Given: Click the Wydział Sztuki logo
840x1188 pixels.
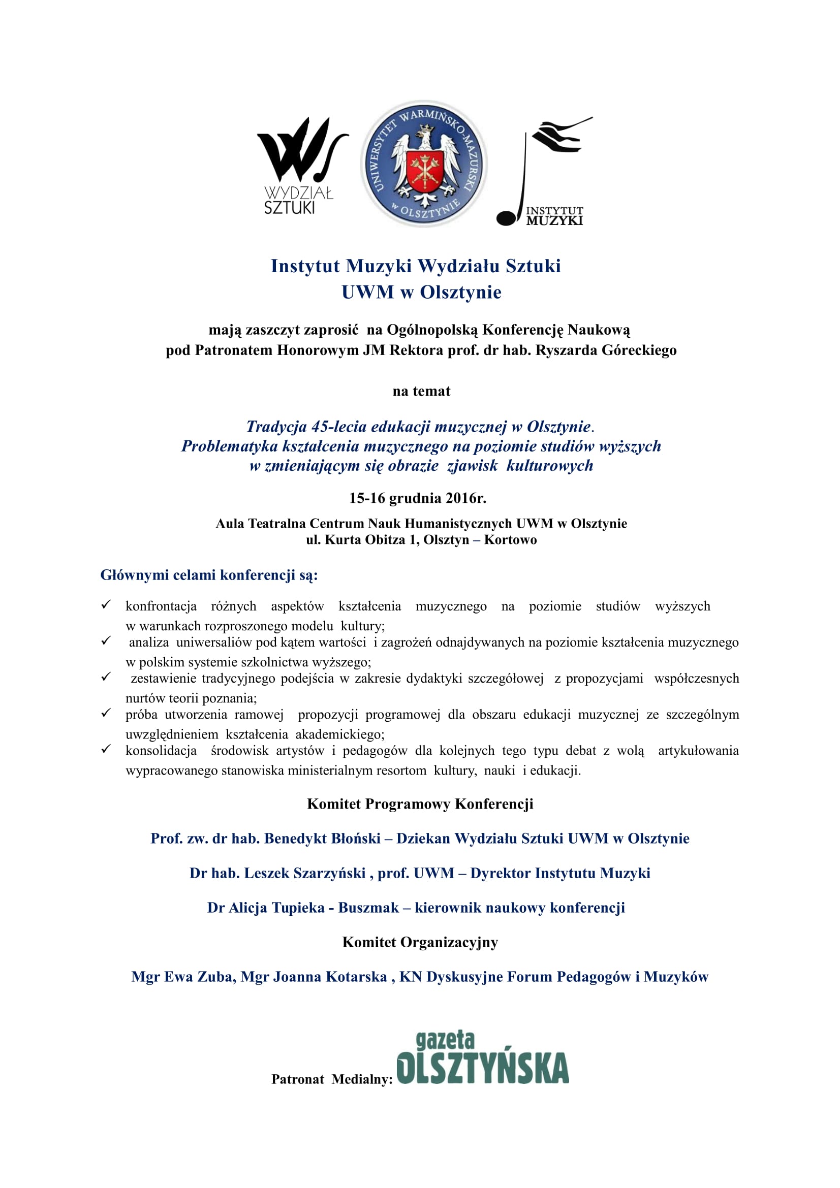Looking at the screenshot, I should click(299, 166).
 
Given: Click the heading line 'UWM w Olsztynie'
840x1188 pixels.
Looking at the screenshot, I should click(421, 293).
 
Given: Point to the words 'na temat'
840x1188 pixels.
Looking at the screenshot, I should click(421, 391).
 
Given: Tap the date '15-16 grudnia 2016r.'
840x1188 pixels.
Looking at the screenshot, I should click(418, 498).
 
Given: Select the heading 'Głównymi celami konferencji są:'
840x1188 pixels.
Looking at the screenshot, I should click(209, 575).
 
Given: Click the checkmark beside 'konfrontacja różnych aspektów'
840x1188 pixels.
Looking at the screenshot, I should click(106, 604).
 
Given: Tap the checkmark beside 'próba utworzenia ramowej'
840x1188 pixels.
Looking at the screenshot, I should click(106, 713).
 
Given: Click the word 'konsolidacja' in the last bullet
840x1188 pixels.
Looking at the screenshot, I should click(161, 750).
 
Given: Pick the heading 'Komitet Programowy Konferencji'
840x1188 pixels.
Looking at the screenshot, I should click(420, 804).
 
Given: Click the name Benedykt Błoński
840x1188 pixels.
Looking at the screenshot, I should click(323, 838).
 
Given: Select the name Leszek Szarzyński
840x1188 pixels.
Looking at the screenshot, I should click(305, 873).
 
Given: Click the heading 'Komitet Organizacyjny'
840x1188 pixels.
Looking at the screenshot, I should click(420, 942).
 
